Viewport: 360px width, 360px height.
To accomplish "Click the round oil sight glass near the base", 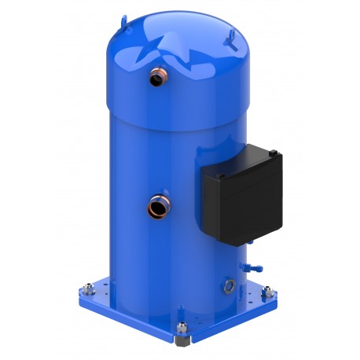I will (229, 281).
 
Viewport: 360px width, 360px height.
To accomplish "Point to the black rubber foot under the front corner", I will (182, 343).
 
